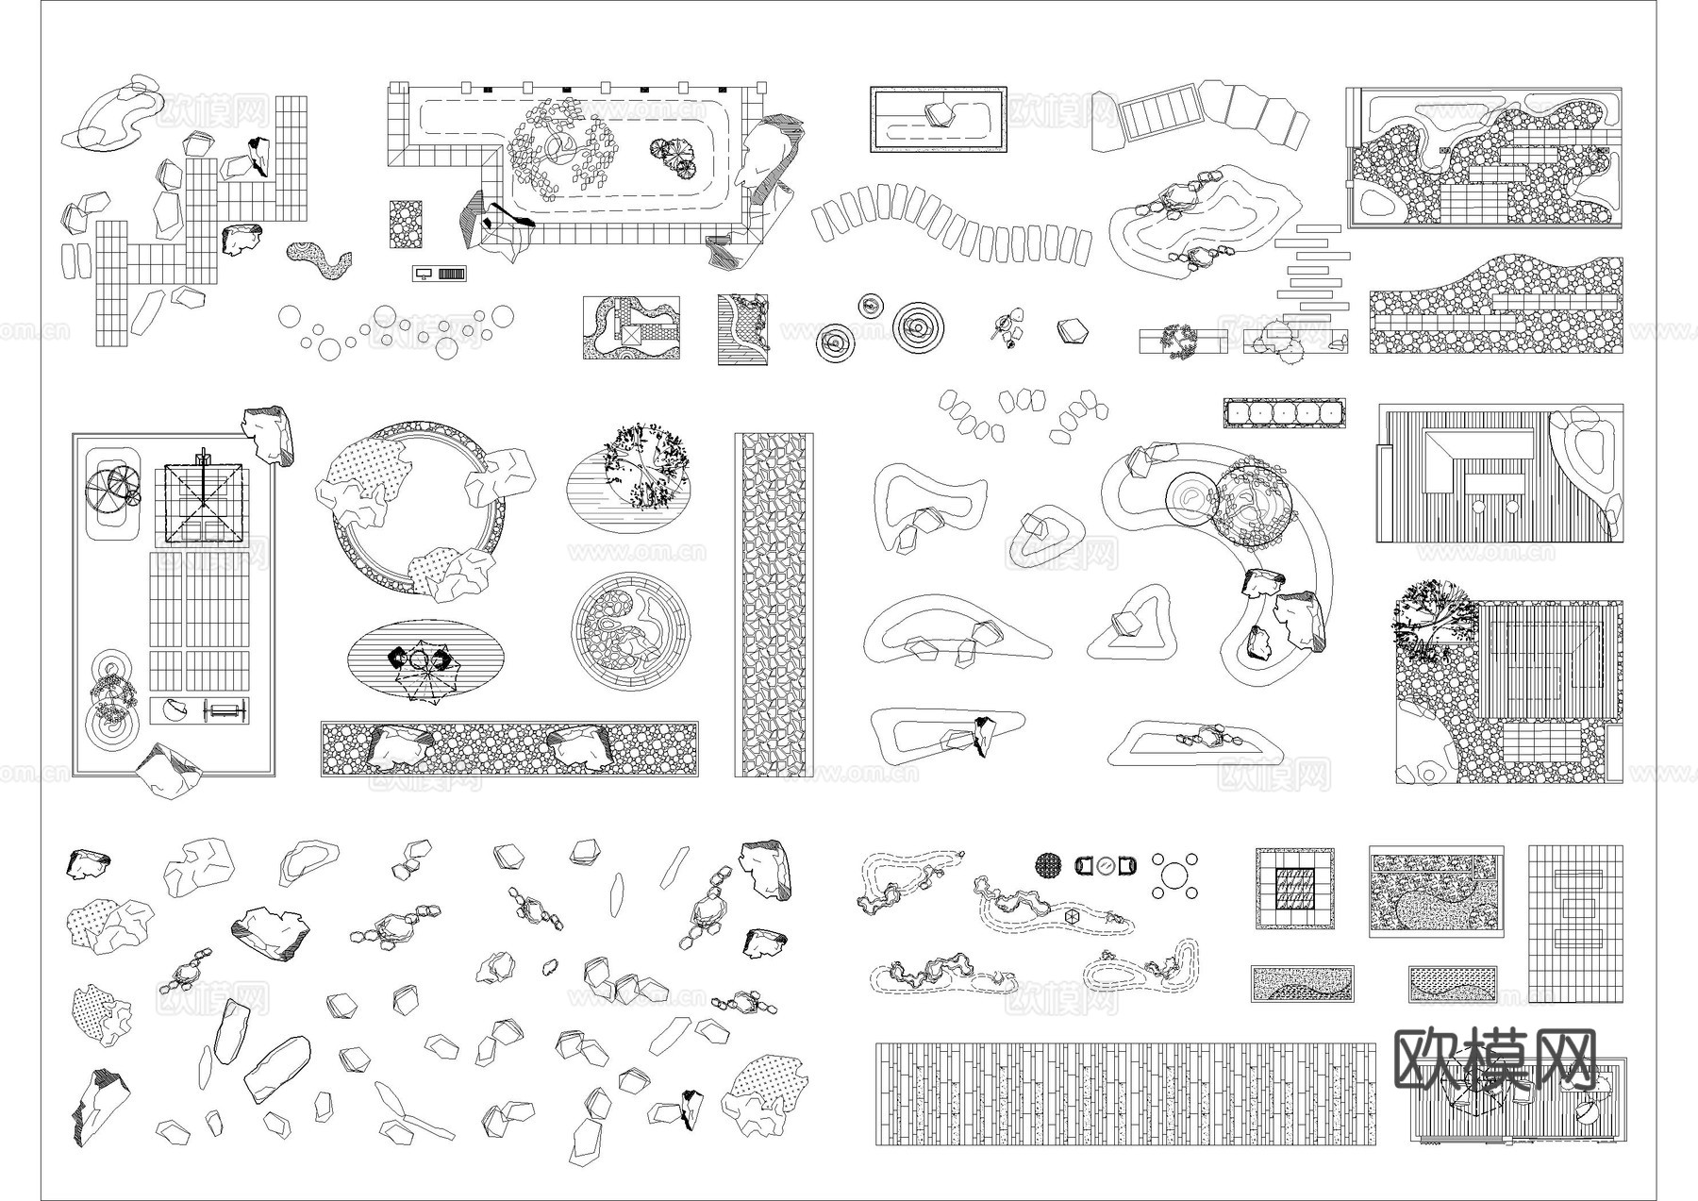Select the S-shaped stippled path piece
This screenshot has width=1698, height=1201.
[318, 259]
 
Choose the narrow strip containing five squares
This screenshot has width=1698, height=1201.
[1284, 413]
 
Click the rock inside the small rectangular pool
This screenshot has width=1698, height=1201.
[940, 115]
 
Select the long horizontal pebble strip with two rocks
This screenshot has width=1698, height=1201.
[509, 749]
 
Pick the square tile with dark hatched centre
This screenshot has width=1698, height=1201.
[1293, 888]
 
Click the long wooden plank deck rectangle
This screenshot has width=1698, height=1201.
[1125, 1094]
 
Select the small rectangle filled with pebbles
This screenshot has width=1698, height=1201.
[407, 224]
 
